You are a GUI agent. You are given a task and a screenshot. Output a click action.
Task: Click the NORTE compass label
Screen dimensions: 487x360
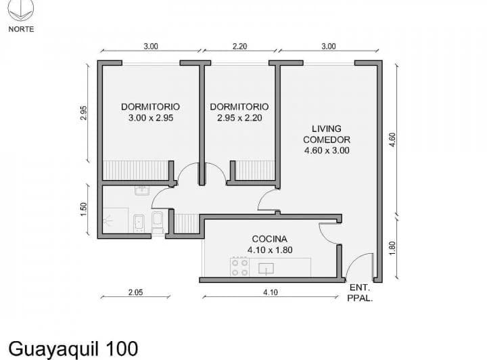(21, 29)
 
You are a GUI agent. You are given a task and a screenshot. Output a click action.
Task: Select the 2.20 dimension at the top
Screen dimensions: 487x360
(239, 46)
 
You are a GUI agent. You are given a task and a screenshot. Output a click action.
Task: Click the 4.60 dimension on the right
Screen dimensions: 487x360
(392, 140)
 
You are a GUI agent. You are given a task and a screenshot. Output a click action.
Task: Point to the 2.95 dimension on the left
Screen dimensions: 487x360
(83, 113)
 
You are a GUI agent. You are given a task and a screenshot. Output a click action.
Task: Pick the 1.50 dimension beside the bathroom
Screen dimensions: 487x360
(83, 209)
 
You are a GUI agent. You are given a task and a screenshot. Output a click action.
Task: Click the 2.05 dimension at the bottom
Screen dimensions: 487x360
(136, 292)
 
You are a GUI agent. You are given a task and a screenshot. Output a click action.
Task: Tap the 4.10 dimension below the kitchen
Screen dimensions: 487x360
(270, 292)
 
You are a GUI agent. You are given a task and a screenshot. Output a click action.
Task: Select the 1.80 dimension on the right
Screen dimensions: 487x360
(392, 248)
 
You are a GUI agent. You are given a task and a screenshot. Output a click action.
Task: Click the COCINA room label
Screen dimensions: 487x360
(270, 239)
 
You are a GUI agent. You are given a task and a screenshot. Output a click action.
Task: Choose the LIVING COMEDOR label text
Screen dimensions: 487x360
(327, 134)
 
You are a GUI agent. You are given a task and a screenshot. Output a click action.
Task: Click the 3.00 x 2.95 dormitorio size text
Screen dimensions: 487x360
(151, 118)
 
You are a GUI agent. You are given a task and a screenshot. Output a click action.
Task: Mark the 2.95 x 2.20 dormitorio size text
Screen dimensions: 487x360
(239, 118)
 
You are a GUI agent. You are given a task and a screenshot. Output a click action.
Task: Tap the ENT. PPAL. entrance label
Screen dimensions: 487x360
(360, 292)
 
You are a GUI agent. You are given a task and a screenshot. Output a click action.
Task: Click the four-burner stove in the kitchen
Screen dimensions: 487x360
(239, 267)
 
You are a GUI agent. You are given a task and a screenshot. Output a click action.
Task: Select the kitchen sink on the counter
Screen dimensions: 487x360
(266, 269)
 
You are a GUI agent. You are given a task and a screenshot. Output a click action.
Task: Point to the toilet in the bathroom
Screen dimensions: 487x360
(158, 222)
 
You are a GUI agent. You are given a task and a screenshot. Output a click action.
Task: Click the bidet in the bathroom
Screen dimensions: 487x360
(139, 223)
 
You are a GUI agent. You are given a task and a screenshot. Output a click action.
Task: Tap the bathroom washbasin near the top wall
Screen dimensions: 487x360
(142, 190)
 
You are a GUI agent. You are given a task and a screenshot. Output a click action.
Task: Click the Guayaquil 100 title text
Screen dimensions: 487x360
(73, 348)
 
